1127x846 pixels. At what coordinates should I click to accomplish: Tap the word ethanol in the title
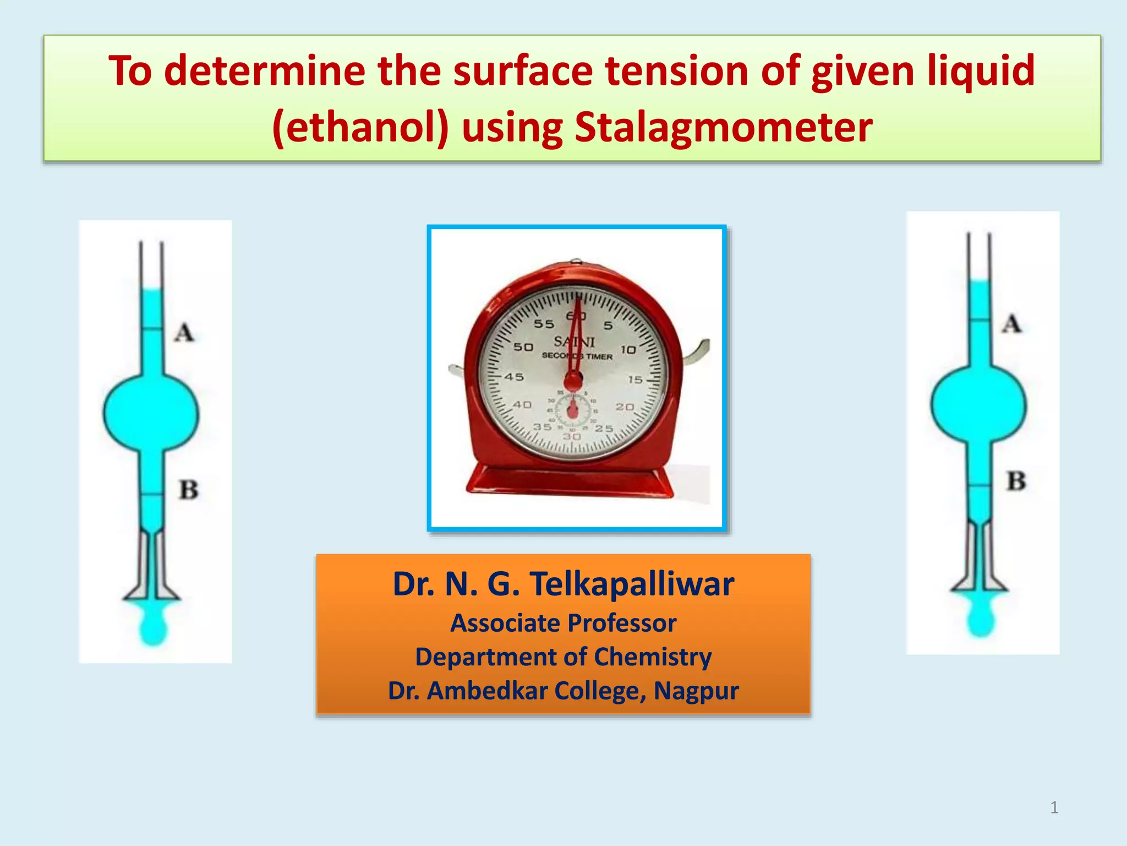tap(361, 128)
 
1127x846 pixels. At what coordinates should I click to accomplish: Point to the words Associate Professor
tap(563, 623)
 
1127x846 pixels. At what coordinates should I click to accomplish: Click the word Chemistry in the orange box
tap(653, 657)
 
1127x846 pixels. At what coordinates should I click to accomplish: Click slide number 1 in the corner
tap(1054, 807)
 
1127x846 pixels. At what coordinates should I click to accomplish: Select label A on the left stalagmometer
tap(184, 333)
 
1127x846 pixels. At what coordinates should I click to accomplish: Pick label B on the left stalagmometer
tap(188, 490)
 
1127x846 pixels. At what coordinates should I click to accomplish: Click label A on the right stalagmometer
tap(1011, 324)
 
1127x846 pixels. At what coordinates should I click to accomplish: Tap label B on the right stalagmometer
tap(1016, 481)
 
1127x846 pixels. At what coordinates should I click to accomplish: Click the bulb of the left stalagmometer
tap(151, 412)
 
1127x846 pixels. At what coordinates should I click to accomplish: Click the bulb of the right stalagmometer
tap(978, 404)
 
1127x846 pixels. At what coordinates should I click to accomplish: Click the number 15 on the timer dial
tap(635, 379)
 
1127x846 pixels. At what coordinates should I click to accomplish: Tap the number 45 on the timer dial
tap(515, 377)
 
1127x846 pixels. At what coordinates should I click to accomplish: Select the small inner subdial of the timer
tap(573, 410)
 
